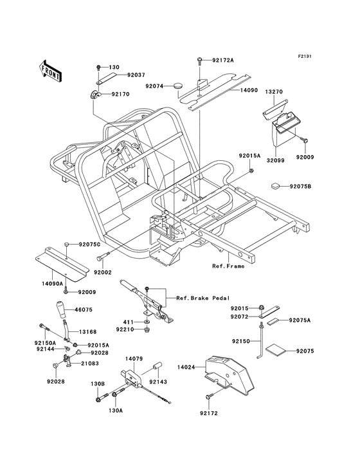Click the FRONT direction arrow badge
click(x=51, y=71)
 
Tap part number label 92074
click(x=155, y=86)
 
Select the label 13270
click(x=274, y=92)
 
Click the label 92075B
click(x=300, y=187)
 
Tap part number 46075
click(x=84, y=309)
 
